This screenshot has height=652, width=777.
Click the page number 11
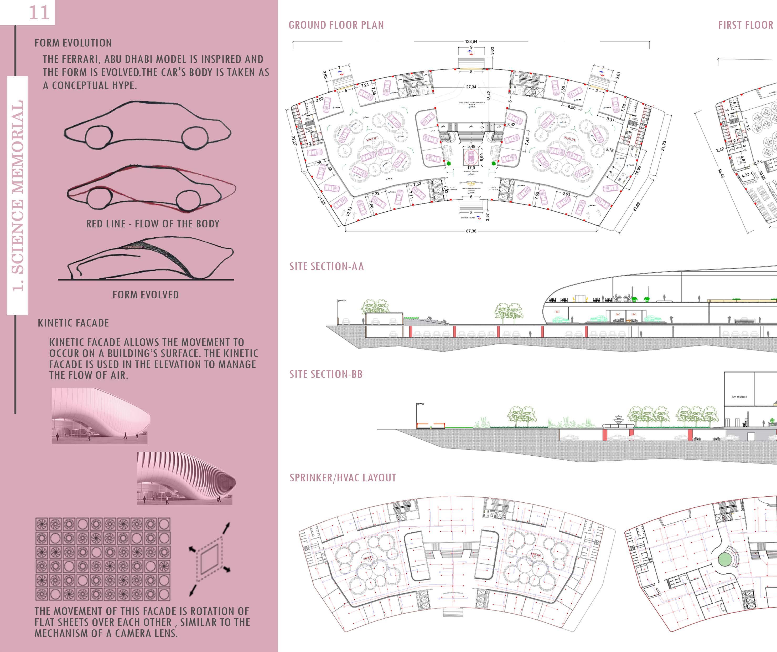click(x=39, y=13)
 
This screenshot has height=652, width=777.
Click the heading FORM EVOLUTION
click(x=73, y=43)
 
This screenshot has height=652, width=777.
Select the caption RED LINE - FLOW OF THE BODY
click(x=153, y=224)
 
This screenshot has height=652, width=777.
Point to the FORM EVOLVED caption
click(x=146, y=295)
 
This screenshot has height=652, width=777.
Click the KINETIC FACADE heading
click(x=73, y=323)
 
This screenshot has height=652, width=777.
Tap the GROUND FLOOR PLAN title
click(x=336, y=25)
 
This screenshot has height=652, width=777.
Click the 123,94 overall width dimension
click(x=471, y=42)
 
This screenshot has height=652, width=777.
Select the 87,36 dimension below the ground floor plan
click(x=471, y=231)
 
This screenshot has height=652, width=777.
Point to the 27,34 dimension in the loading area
click(x=471, y=87)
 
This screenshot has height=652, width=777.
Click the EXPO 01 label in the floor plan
click(x=372, y=139)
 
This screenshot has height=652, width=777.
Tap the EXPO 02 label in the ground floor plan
click(x=570, y=139)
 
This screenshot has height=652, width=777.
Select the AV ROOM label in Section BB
click(x=739, y=397)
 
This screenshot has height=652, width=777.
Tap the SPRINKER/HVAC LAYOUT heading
click(x=343, y=478)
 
